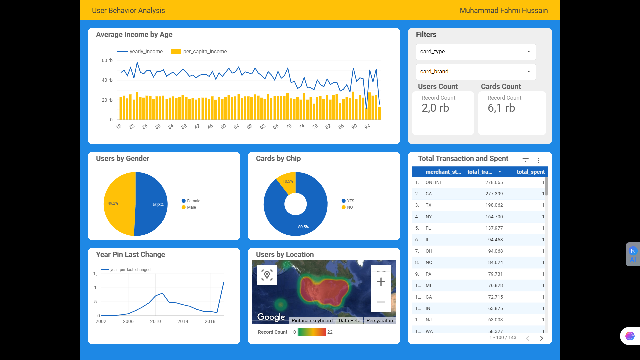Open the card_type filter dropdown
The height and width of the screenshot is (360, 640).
(x=476, y=52)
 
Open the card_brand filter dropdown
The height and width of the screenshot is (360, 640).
(x=476, y=72)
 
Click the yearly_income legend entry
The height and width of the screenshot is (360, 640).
(x=140, y=52)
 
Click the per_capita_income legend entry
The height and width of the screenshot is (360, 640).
(x=199, y=52)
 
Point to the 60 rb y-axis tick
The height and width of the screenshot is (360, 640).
(x=107, y=60)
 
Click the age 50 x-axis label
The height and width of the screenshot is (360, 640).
(x=223, y=127)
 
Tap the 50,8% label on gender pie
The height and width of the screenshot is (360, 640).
(x=158, y=205)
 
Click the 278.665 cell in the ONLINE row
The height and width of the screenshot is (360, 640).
(x=494, y=182)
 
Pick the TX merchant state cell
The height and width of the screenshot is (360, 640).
(x=428, y=205)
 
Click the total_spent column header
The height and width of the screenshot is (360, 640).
(x=530, y=172)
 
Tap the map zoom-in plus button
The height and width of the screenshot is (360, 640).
(x=381, y=282)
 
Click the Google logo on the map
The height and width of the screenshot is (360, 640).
(x=271, y=317)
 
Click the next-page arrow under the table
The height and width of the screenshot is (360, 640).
(x=541, y=338)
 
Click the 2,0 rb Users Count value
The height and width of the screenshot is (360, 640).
(x=435, y=108)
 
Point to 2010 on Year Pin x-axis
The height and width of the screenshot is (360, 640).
(x=155, y=321)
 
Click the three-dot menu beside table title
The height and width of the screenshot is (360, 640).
(x=538, y=160)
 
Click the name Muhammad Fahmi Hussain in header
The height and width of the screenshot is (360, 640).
(x=503, y=11)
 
